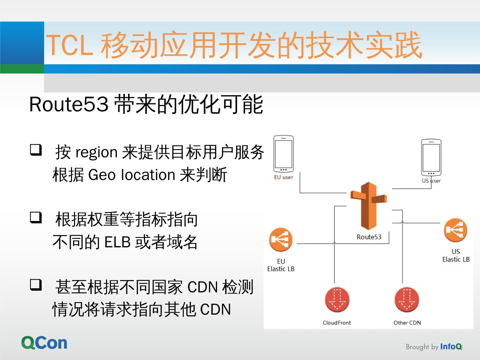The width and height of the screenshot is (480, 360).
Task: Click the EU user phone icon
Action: point(283,154)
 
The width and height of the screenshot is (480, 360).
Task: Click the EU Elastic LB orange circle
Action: point(281,240)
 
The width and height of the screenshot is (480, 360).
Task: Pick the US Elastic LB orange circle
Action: point(455,230)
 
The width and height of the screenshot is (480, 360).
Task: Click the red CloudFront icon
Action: point(337,299)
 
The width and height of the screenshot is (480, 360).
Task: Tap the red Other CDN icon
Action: point(407,299)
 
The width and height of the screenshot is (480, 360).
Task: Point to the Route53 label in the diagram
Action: point(369,237)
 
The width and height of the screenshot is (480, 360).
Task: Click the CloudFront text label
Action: point(337,323)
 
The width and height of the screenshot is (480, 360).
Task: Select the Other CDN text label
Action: point(407,323)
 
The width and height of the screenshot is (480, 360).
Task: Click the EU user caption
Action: point(283,177)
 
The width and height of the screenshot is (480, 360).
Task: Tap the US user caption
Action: point(431,181)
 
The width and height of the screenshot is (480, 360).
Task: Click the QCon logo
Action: point(44,343)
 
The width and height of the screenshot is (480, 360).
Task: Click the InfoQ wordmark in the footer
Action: point(451,347)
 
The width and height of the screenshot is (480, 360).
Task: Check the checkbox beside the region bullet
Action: point(36,150)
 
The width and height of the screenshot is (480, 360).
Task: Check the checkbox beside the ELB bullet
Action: point(36,217)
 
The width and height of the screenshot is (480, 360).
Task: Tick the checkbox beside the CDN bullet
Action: point(36,285)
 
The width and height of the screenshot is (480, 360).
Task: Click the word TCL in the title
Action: point(69,46)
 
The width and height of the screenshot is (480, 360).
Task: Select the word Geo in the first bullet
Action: point(102,175)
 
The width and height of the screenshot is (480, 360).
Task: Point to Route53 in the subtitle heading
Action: point(69,104)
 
